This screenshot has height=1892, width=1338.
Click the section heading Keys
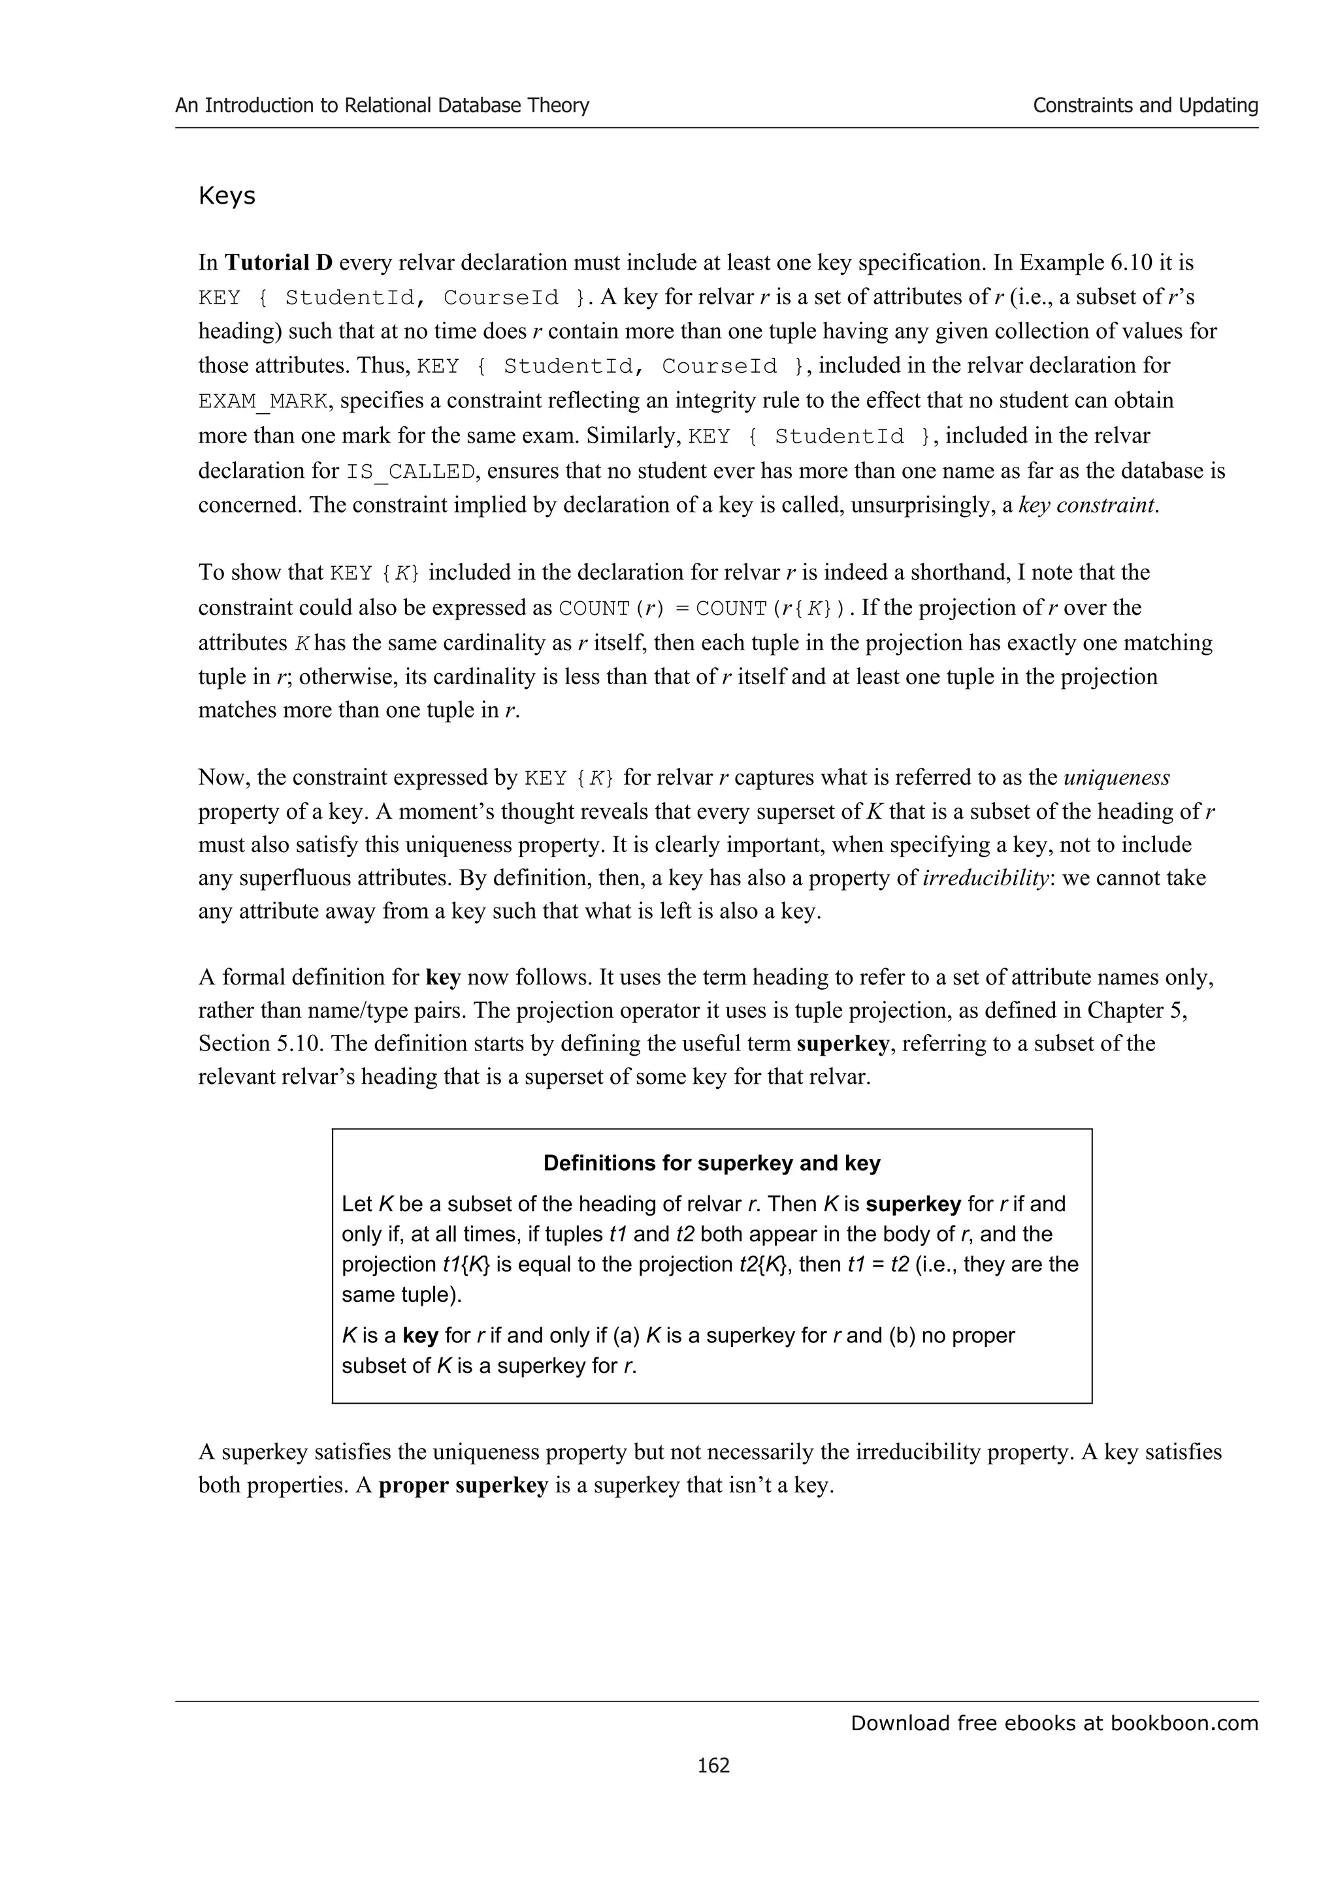pos(227,196)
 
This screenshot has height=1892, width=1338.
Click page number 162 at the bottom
pos(713,1764)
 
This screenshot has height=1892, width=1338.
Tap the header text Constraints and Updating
pos(1145,106)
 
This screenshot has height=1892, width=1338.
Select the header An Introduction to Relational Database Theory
pos(382,106)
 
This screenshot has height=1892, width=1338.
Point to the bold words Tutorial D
pos(279,263)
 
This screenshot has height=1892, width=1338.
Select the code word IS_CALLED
pos(410,472)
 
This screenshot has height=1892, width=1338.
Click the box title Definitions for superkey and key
pos(711,1163)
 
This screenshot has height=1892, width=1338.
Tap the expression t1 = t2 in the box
pos(878,1264)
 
